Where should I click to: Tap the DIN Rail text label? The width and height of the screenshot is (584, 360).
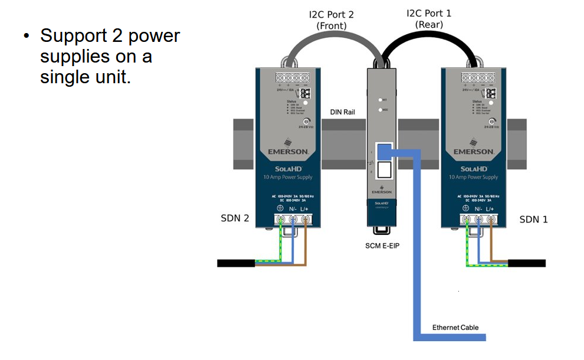pyautogui.click(x=342, y=112)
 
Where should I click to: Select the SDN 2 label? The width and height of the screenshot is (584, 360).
pyautogui.click(x=235, y=218)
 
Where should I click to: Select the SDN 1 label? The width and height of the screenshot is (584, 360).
pyautogui.click(x=533, y=219)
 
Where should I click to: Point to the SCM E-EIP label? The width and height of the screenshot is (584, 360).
pyautogui.click(x=382, y=246)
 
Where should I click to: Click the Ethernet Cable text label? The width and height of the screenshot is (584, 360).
pyautogui.click(x=455, y=328)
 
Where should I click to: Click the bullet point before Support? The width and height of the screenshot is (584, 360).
pyautogui.click(x=26, y=37)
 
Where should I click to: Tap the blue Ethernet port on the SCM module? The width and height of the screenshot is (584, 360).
pyautogui.click(x=383, y=150)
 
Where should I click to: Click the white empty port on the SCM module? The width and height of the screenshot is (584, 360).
pyautogui.click(x=383, y=171)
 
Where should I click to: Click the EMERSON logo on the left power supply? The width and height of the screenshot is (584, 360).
pyautogui.click(x=288, y=152)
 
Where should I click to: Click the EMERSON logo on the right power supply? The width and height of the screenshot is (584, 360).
pyautogui.click(x=474, y=152)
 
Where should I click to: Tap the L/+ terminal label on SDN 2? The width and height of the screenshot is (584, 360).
pyautogui.click(x=305, y=208)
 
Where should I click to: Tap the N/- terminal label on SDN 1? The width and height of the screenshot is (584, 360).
pyautogui.click(x=477, y=208)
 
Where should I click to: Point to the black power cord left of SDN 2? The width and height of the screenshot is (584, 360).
pyautogui.click(x=236, y=263)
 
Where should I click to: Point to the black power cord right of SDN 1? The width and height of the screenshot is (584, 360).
pyautogui.click(x=527, y=263)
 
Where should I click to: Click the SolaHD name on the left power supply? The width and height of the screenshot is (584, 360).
pyautogui.click(x=288, y=169)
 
